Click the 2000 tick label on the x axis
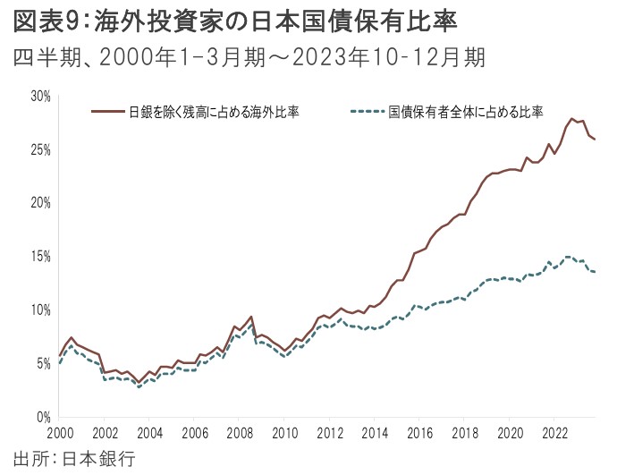60,433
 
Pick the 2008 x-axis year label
240,433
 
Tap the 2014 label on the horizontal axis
375,433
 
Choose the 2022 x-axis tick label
554,433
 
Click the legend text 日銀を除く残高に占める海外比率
214,112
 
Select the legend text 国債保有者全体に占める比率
466,112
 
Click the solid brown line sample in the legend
108,112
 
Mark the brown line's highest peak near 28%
571,119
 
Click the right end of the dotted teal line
596,272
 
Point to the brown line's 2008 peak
251,317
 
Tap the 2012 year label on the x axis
330,433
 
